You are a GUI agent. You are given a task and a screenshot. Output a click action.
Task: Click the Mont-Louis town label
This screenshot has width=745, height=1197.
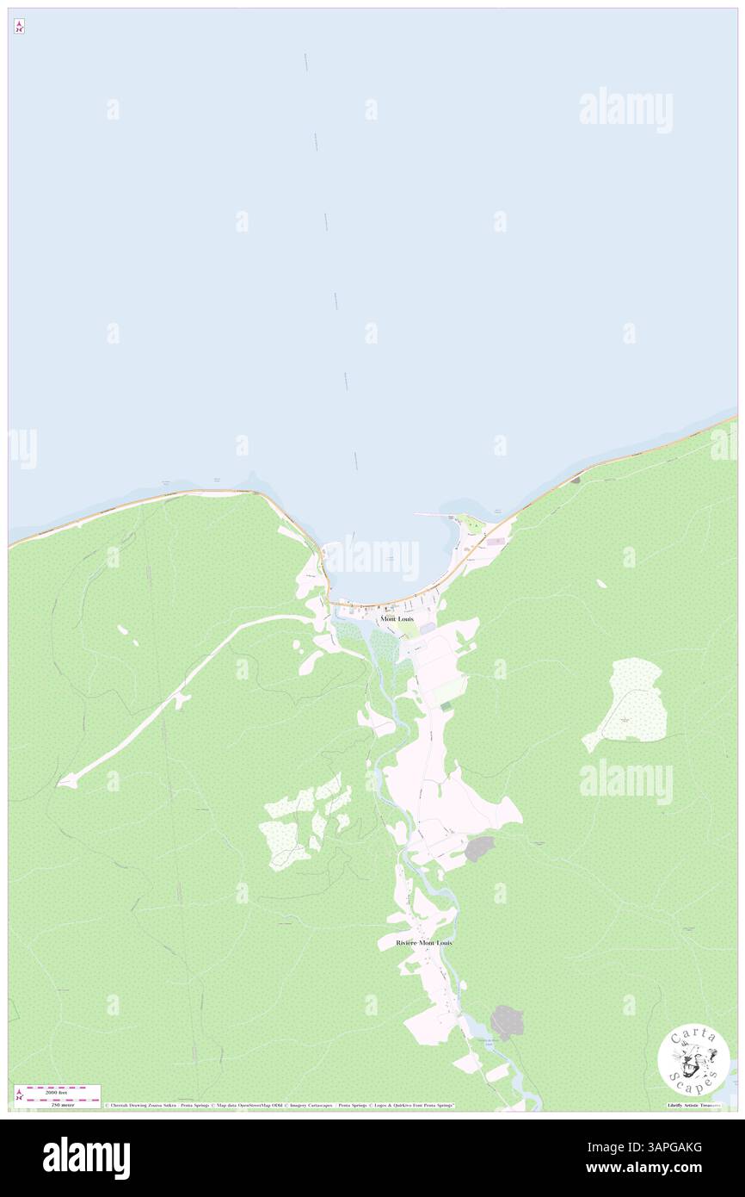(x=397, y=619)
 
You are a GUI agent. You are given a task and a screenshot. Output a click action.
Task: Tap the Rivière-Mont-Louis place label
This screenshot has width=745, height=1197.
(x=423, y=943)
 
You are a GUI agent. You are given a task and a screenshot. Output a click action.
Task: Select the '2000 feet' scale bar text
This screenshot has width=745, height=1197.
(x=57, y=1092)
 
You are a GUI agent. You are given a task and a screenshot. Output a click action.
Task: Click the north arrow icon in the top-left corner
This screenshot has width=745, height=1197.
(x=19, y=27)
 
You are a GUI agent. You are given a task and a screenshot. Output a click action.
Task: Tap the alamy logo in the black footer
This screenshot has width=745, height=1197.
(x=86, y=1157)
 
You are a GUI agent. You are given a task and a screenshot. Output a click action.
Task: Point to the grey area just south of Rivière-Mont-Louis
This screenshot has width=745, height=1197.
(x=507, y=1022)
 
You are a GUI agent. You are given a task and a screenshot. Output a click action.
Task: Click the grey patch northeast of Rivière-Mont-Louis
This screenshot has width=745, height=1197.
(x=479, y=849)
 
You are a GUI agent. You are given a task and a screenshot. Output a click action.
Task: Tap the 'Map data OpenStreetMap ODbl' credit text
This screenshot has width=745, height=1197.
(x=249, y=1106)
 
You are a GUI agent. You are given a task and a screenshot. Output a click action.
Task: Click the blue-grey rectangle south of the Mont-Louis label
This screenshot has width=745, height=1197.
(x=428, y=630)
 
